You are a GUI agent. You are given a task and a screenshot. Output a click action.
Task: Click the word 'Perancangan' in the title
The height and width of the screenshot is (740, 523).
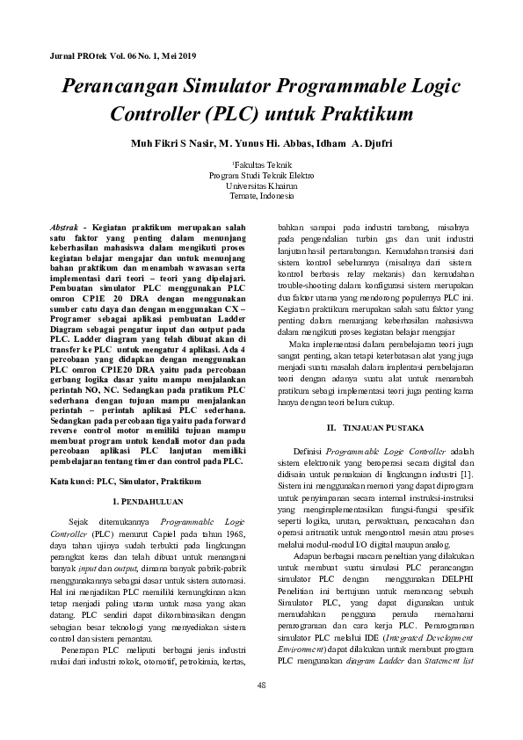tap(120, 87)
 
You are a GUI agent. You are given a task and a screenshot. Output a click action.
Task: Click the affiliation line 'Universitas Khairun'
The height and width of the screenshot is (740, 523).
tap(261, 186)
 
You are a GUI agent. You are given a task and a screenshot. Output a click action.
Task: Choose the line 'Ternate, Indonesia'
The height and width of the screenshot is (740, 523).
tap(261, 197)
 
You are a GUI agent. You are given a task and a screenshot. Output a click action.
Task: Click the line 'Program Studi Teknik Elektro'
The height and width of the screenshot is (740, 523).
tap(261, 176)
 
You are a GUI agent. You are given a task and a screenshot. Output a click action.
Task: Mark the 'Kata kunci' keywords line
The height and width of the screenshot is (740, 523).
tap(126, 482)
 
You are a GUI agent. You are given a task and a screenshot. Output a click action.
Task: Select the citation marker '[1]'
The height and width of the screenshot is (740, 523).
tap(468, 475)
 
